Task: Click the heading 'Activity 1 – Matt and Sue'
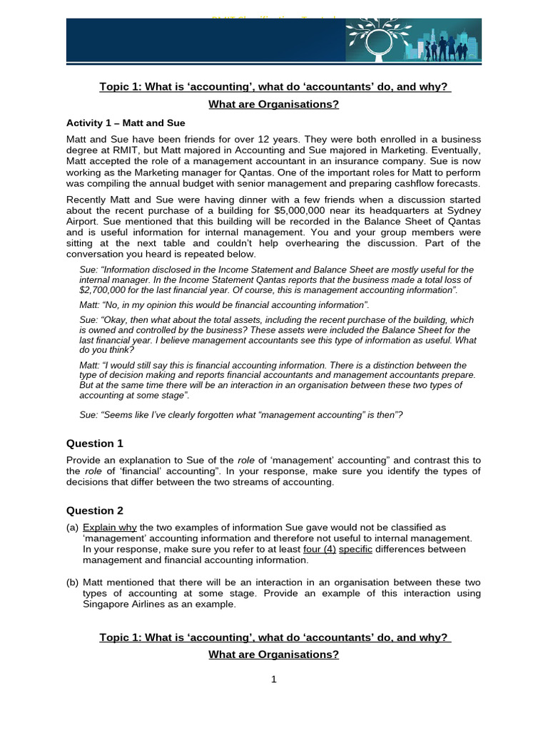(126, 123)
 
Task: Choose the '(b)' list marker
(72, 582)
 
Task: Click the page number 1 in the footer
(273, 679)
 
